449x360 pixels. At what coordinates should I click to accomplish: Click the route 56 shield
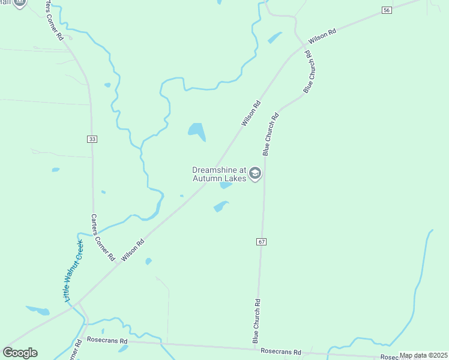387,10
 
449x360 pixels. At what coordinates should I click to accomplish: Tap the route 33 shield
91,139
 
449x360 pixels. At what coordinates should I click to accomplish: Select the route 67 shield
261,241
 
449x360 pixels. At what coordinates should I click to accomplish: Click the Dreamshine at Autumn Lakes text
219,174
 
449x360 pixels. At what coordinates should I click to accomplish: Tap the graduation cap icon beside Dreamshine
255,174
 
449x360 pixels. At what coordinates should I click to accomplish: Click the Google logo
20,353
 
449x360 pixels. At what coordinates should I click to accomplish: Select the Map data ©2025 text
423,355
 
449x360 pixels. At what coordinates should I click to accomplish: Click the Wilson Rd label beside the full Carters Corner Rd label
133,250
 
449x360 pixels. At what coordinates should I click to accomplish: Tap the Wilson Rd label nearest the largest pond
251,113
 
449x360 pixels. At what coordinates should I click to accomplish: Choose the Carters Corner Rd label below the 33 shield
103,237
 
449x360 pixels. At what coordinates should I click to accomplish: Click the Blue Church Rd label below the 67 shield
256,322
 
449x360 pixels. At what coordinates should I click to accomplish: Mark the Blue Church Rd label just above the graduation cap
270,134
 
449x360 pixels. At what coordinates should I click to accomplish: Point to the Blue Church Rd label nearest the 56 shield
309,72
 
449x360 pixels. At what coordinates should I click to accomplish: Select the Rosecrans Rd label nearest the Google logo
107,340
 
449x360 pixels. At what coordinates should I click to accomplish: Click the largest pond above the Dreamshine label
196,130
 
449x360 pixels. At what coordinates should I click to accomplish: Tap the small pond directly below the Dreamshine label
226,185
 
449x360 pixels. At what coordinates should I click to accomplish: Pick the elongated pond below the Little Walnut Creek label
38,310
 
